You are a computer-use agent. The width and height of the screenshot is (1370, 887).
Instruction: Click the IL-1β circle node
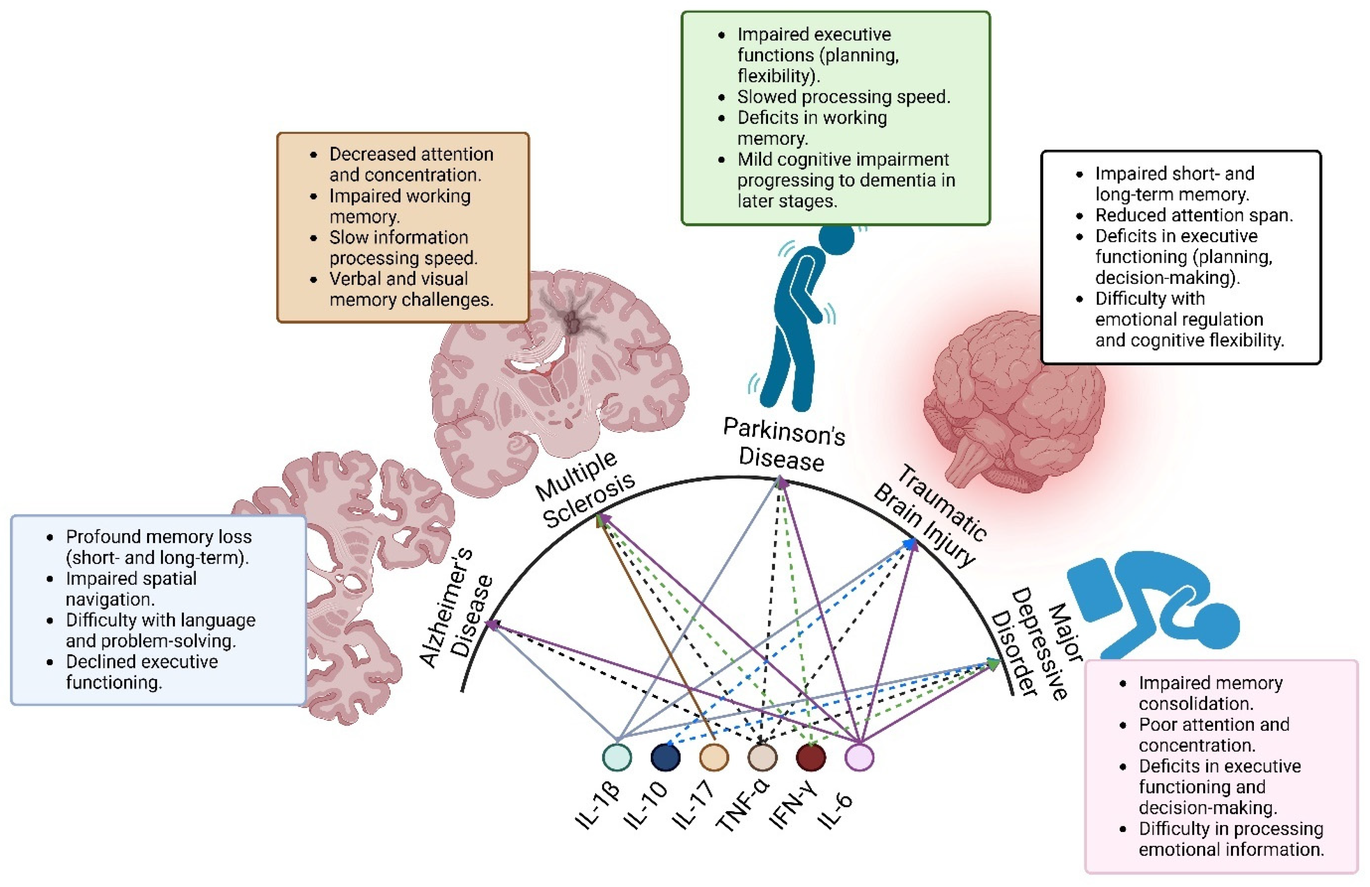click(617, 757)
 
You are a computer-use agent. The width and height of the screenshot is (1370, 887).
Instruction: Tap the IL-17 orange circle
click(714, 757)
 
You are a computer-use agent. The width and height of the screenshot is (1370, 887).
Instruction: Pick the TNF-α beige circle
click(762, 757)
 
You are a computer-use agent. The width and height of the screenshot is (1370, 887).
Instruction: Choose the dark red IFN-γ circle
click(811, 757)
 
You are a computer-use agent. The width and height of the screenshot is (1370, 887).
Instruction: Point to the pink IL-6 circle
click(859, 757)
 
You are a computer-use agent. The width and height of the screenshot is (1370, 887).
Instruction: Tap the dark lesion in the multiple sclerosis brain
click(573, 323)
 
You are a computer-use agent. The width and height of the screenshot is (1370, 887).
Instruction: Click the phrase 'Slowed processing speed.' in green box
click(843, 97)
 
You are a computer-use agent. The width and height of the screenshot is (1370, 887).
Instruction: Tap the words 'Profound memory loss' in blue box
click(158, 537)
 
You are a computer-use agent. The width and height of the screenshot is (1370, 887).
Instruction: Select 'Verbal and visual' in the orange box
click(398, 279)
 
